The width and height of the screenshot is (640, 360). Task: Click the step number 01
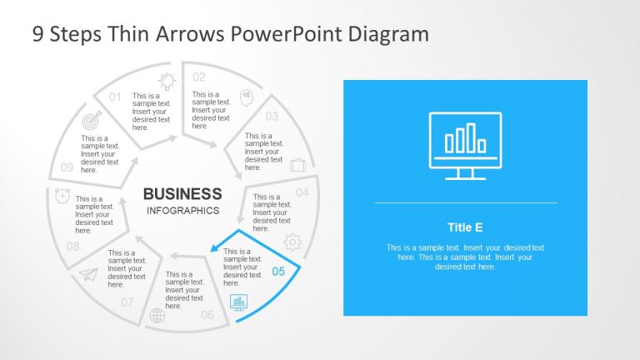pyautogui.click(x=115, y=97)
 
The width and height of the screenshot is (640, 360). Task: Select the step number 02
pyautogui.click(x=198, y=77)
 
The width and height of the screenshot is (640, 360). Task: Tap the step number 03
pyautogui.click(x=272, y=117)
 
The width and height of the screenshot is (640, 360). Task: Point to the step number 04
pyautogui.click(x=302, y=192)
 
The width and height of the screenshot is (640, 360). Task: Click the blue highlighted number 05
pyautogui.click(x=278, y=271)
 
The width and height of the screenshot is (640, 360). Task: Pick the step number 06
pyautogui.click(x=207, y=314)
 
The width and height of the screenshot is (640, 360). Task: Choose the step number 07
pyautogui.click(x=127, y=302)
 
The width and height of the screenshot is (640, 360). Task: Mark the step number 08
pyautogui.click(x=73, y=247)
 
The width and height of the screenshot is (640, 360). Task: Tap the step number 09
pyautogui.click(x=67, y=167)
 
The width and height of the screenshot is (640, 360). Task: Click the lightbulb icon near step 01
pyautogui.click(x=167, y=81)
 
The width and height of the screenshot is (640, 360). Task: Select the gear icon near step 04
pyautogui.click(x=292, y=242)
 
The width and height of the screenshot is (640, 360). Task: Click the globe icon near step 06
pyautogui.click(x=157, y=316)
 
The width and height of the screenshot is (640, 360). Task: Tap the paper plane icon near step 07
pyautogui.click(x=88, y=275)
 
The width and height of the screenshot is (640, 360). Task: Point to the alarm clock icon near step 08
pyautogui.click(x=62, y=196)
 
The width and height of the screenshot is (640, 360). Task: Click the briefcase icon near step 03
pyautogui.click(x=297, y=165)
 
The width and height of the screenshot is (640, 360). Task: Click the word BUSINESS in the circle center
pyautogui.click(x=182, y=193)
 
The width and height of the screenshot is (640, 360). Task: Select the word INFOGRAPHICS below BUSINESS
pyautogui.click(x=182, y=211)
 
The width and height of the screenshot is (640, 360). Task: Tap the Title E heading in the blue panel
pyautogui.click(x=465, y=227)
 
